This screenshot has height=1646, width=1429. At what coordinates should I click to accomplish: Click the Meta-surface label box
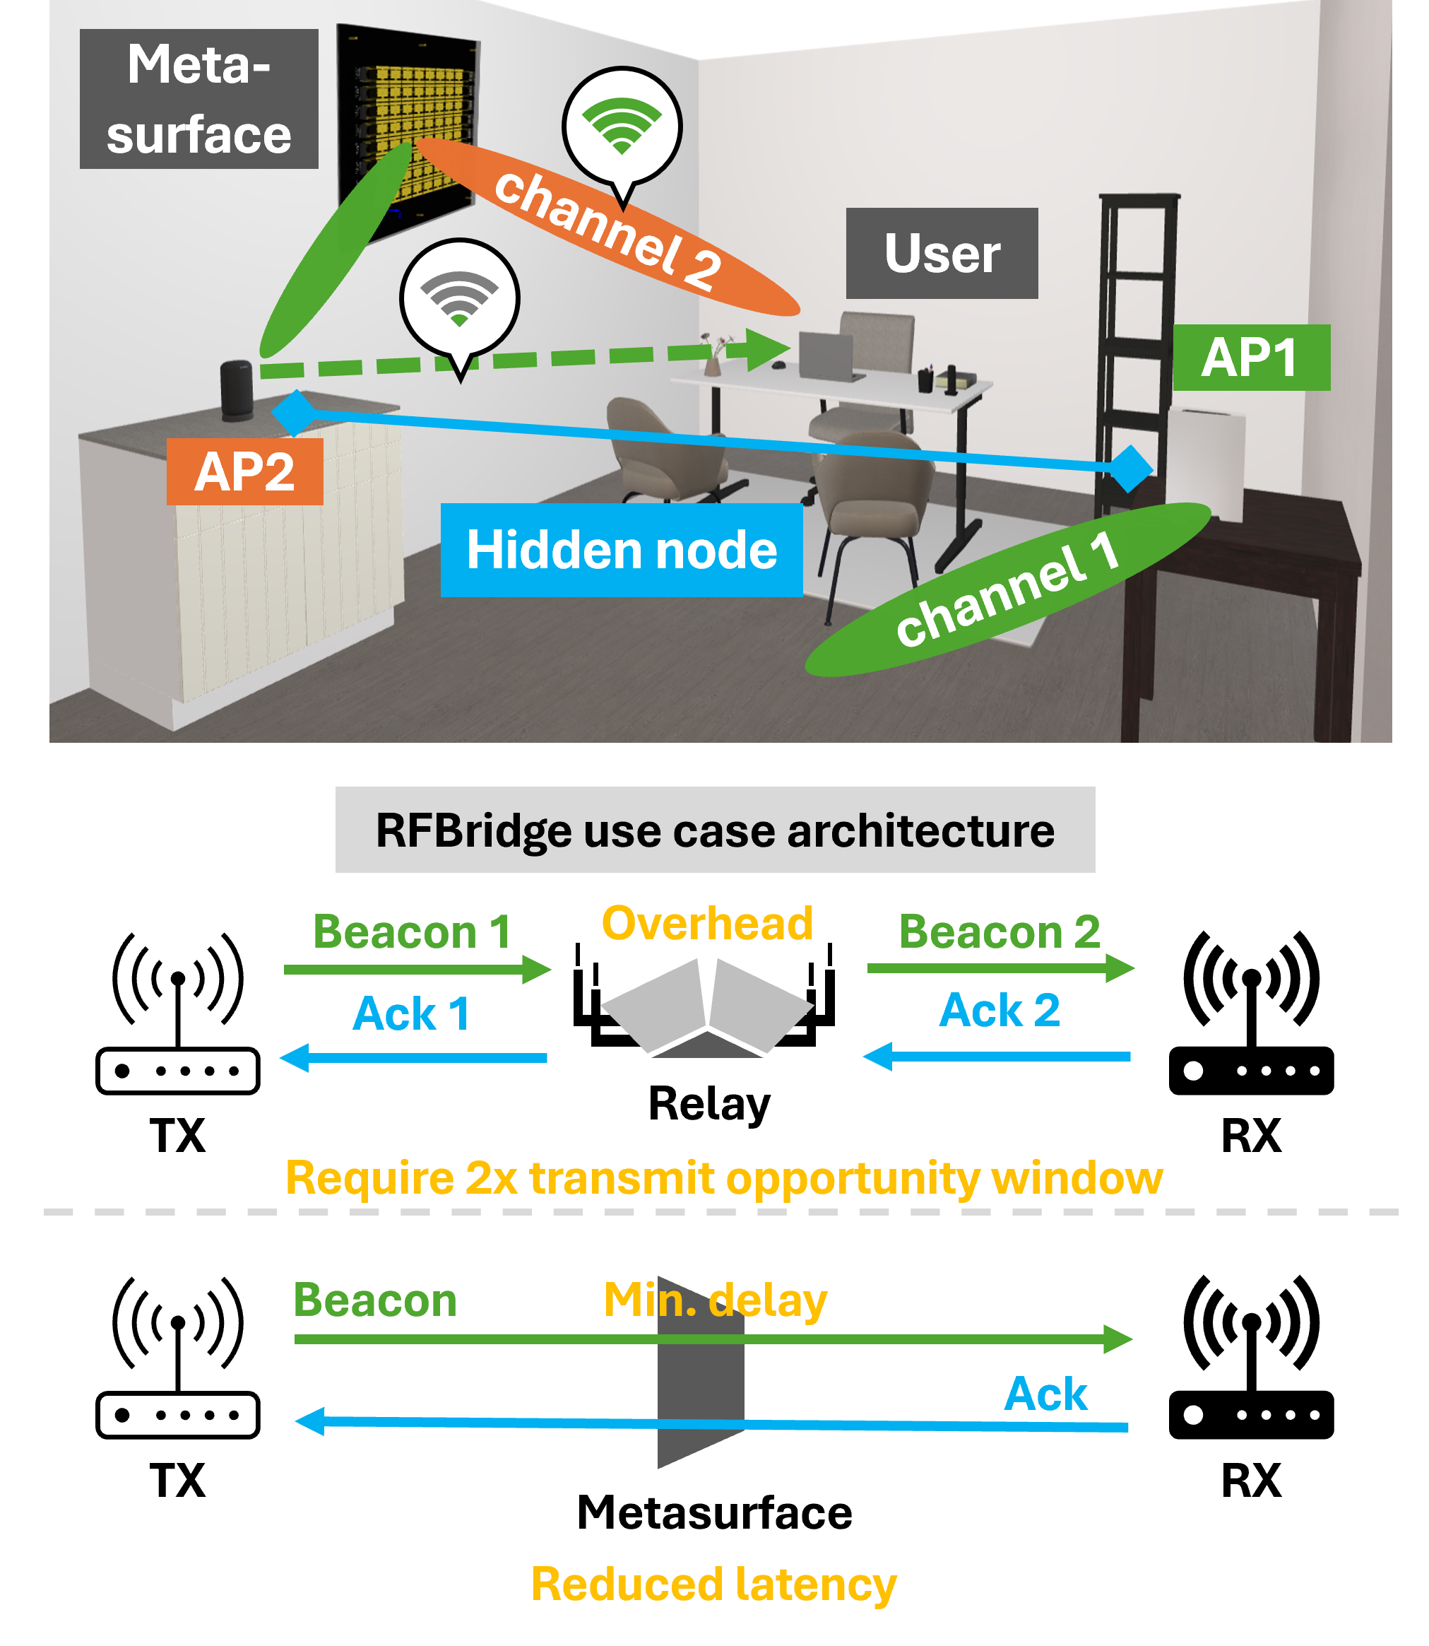(198, 99)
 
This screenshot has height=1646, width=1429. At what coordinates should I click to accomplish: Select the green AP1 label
(1250, 358)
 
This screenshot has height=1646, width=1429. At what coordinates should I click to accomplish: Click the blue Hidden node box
(621, 551)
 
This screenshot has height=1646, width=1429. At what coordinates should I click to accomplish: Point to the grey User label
(941, 254)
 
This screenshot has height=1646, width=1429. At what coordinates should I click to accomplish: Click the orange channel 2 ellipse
(606, 227)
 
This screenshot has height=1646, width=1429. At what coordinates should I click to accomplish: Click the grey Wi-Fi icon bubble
(459, 298)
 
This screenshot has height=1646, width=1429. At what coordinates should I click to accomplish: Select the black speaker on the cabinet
(237, 389)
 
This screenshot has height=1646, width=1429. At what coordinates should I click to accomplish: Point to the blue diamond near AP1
(1130, 469)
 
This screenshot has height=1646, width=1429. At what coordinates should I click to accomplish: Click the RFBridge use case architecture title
(715, 830)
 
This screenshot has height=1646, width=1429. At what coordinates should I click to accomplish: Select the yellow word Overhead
(706, 924)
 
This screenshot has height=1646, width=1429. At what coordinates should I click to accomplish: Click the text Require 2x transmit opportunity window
(723, 1177)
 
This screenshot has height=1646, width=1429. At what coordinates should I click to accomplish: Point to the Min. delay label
(715, 1300)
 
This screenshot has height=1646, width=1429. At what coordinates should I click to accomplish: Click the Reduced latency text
(713, 1585)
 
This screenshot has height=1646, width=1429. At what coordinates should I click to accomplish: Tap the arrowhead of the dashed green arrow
(769, 348)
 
